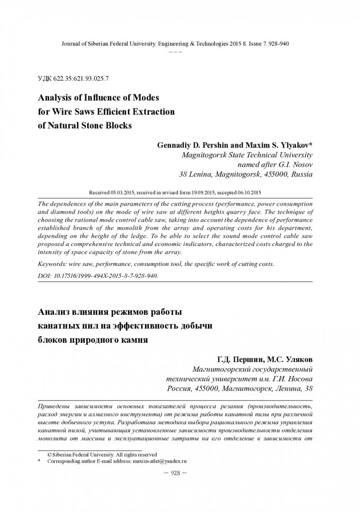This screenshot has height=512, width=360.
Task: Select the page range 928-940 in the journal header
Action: point(278,43)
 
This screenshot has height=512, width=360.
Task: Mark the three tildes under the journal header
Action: point(175,51)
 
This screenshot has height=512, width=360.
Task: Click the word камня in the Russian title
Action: point(128,340)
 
